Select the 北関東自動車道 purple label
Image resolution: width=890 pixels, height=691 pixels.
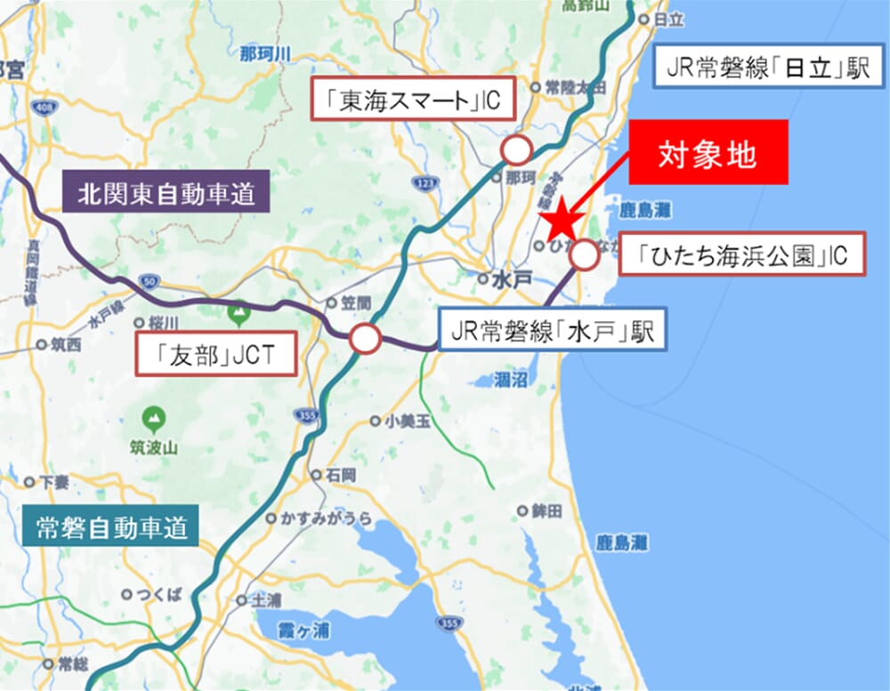pyautogui.click(x=166, y=194)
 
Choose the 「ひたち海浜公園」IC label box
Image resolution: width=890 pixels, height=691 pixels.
pyautogui.click(x=742, y=256)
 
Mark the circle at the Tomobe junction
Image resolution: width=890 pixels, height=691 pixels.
pyautogui.click(x=364, y=339)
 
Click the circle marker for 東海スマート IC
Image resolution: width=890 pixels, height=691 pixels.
pyautogui.click(x=515, y=149)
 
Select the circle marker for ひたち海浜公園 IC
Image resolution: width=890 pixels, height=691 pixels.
pyautogui.click(x=585, y=255)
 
